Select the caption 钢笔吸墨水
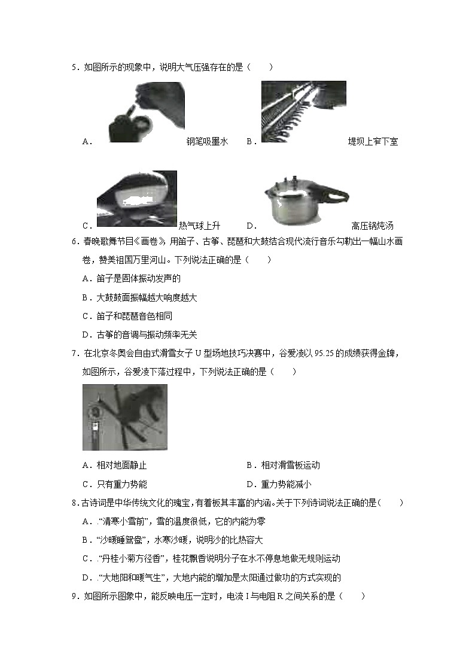[x=207, y=142]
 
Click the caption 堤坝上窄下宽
[x=373, y=142]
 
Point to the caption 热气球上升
[x=199, y=226]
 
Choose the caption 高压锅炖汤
[x=372, y=226]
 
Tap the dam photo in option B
[x=303, y=111]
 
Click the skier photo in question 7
[x=124, y=416]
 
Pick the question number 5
[x=74, y=68]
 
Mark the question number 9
[x=74, y=596]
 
